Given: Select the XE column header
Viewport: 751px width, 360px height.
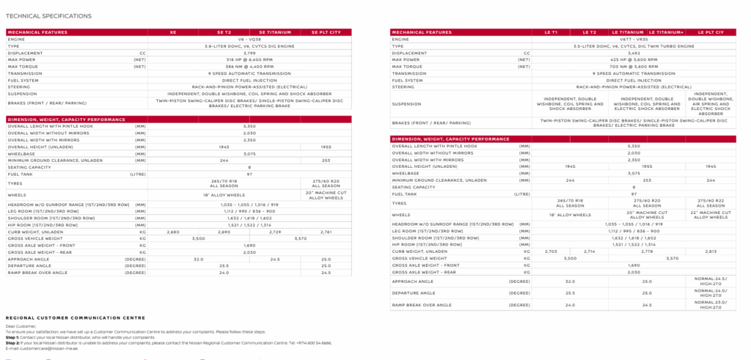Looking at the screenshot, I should click(x=173, y=32).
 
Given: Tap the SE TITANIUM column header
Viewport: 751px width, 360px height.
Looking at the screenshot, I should click(x=275, y=32).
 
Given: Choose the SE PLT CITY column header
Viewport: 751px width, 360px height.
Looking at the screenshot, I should click(x=326, y=32).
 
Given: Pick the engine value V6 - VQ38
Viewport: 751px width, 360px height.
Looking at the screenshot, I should click(x=250, y=39).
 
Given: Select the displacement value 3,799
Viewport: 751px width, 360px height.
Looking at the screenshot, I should click(x=250, y=53).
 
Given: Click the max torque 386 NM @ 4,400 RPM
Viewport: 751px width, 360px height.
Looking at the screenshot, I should click(x=250, y=67).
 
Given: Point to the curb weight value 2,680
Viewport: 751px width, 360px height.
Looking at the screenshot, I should click(x=173, y=231).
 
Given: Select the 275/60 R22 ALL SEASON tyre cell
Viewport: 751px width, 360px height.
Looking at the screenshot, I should click(x=710, y=202).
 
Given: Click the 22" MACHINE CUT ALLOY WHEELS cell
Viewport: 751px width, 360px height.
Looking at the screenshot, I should click(x=710, y=215).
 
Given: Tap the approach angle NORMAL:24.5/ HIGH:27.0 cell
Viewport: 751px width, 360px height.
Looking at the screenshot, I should click(x=710, y=281).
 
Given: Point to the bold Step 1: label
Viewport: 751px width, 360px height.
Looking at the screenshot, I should click(x=12, y=337).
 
